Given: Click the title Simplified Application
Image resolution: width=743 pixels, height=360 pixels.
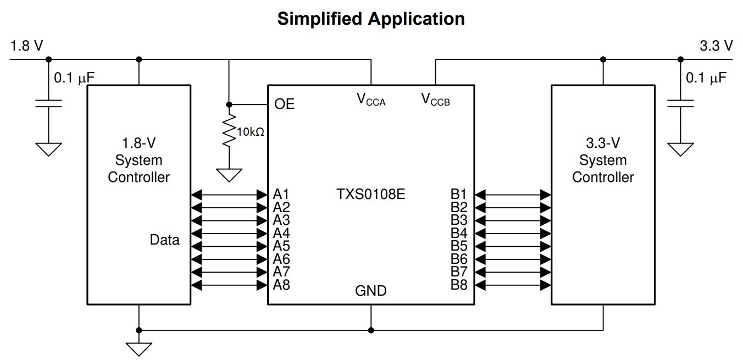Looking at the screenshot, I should [x=371, y=19].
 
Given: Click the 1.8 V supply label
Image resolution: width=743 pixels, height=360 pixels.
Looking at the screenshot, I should [x=26, y=46].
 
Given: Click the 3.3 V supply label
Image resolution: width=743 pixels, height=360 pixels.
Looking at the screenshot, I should [x=716, y=46].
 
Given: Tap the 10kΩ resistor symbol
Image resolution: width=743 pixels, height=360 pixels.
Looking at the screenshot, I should [x=229, y=131].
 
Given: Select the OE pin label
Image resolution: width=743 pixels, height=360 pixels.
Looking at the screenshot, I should [x=284, y=104].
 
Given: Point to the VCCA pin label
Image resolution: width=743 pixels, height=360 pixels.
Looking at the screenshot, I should [x=371, y=99].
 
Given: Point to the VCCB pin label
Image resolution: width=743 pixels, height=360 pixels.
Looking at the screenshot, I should [x=436, y=99].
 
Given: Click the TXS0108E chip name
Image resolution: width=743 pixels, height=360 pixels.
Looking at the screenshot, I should [x=371, y=194].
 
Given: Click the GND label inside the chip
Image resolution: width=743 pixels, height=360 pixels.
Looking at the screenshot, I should [x=371, y=291].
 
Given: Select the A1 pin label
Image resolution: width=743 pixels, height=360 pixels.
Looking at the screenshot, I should [x=281, y=194].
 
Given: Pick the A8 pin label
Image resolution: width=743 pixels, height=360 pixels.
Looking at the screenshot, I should [x=281, y=285].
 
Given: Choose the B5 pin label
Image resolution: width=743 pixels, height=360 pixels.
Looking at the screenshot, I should [x=459, y=246].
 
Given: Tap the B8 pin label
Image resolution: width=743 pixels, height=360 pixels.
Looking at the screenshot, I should [x=459, y=285].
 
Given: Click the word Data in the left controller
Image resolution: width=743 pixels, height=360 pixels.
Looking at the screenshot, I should [x=164, y=240].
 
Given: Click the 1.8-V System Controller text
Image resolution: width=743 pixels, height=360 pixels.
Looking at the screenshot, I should [x=138, y=160].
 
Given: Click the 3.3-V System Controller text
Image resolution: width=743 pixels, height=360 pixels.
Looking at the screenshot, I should [x=603, y=160].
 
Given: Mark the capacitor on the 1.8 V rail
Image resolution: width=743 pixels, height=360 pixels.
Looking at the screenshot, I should [x=48, y=103].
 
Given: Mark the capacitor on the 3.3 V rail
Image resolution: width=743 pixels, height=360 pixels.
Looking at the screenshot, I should [x=680, y=103].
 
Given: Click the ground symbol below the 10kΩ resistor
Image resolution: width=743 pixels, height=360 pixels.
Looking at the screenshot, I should [x=229, y=175].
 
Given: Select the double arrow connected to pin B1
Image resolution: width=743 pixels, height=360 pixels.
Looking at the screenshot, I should [x=513, y=194].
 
